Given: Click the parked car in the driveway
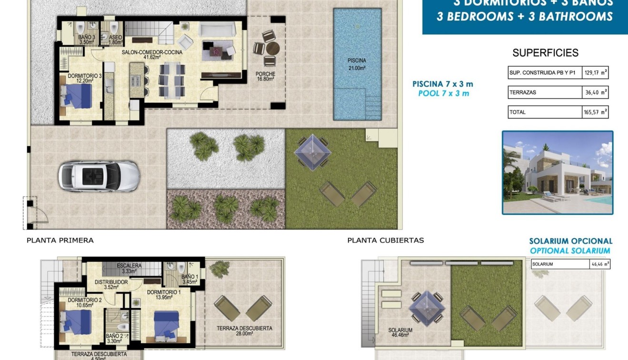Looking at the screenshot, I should pyautogui.click(x=99, y=177).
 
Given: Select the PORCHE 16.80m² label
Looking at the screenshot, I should pyautogui.click(x=265, y=77).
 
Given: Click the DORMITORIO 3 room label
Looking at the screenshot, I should pyautogui.click(x=85, y=78).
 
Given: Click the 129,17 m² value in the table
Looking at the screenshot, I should pyautogui.click(x=595, y=73).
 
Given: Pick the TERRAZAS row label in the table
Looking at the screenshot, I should pyautogui.click(x=523, y=92).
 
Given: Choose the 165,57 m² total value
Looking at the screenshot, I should pyautogui.click(x=595, y=112).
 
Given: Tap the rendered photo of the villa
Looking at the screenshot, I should pyautogui.click(x=558, y=173).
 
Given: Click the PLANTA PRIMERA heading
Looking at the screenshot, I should pyautogui.click(x=60, y=240).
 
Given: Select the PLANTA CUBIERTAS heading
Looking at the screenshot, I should pyautogui.click(x=386, y=240).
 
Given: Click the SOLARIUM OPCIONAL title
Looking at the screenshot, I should pyautogui.click(x=571, y=241).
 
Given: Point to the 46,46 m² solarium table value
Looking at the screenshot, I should pyautogui.click(x=599, y=264).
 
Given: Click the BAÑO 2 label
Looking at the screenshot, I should pyautogui.click(x=114, y=338).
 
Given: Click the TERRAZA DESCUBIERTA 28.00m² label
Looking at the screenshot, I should pyautogui.click(x=244, y=331).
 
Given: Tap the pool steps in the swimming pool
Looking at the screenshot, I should pyautogui.click(x=373, y=102).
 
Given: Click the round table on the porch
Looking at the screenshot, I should pyautogui.click(x=273, y=49).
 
